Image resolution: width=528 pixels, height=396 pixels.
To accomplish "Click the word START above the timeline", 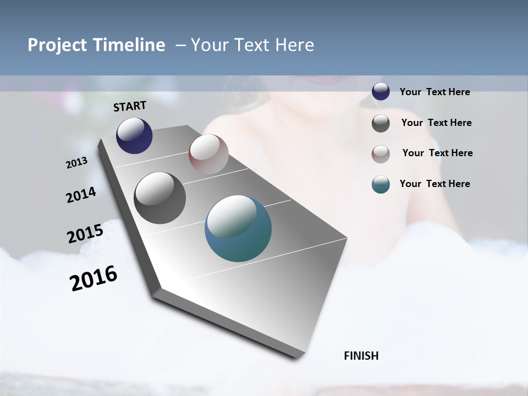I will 130,106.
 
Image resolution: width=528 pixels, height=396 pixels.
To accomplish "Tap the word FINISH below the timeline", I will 361,356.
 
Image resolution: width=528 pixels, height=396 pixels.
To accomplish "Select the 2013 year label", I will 76,163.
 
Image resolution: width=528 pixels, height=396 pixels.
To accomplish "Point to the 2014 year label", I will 81,195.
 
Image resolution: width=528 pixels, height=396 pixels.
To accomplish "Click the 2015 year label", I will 85,234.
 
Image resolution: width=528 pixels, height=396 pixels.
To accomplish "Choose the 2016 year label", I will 94,278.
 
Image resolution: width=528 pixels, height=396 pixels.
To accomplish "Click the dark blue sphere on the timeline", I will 134,136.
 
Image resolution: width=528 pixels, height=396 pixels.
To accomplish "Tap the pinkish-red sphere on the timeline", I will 208,154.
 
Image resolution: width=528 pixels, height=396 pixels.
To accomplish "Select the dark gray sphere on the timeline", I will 159,198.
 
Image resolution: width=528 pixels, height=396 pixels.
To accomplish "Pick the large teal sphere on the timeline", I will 238,228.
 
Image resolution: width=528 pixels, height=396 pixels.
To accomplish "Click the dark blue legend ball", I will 381,92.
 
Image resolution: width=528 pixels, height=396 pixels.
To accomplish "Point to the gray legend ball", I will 381,123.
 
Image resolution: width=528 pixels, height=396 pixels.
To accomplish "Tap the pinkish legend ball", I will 381,154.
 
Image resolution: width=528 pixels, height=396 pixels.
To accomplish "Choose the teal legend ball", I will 381,185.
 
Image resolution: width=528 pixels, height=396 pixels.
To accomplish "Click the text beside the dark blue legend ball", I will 435,92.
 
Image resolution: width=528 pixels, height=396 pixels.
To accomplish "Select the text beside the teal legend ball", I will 435,184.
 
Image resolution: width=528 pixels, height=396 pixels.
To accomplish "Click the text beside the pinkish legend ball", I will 437,153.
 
